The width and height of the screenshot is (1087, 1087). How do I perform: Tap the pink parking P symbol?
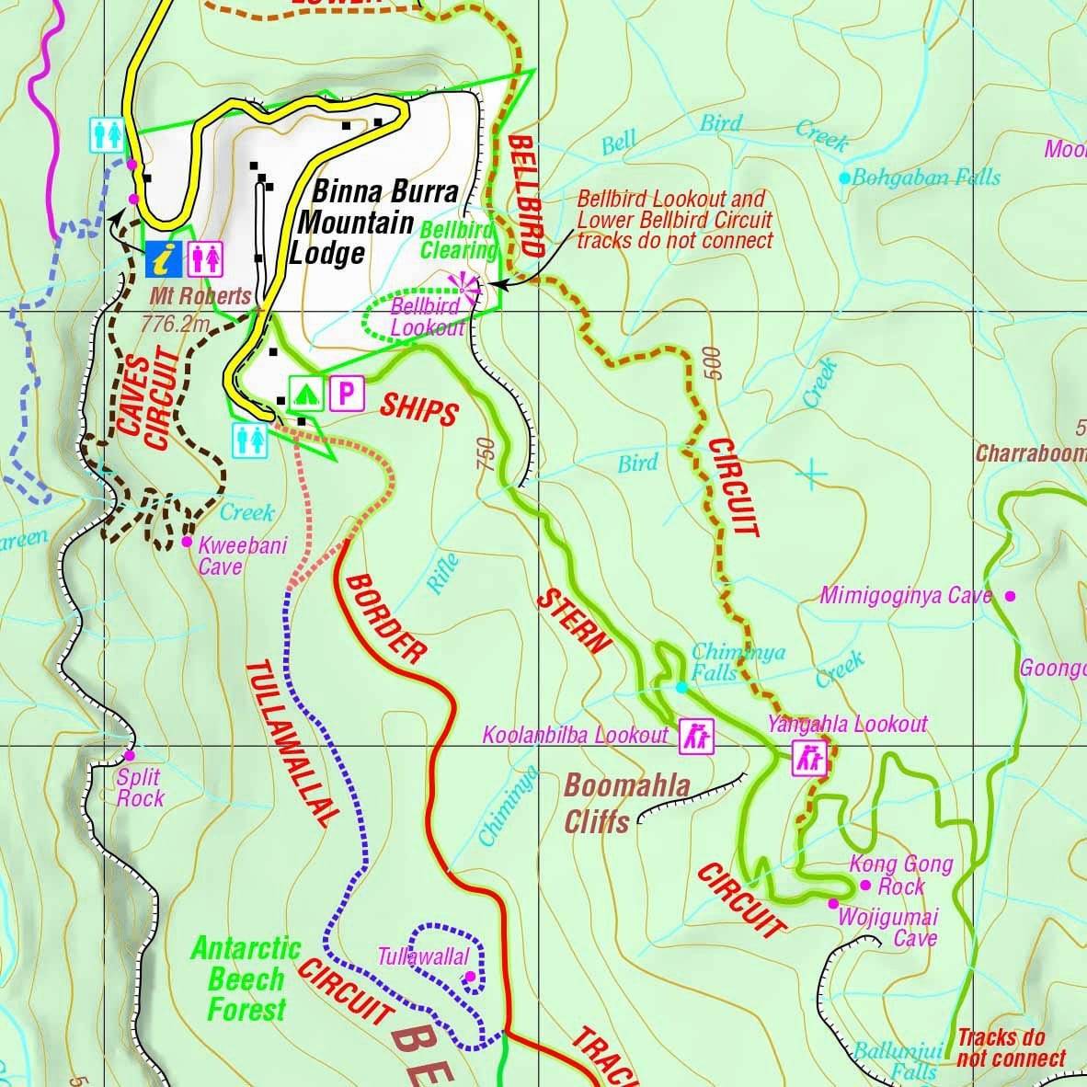pos(346,394)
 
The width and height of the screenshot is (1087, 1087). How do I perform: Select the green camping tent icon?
pos(304,394)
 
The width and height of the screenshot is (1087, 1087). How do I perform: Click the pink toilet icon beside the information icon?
pos(207,259)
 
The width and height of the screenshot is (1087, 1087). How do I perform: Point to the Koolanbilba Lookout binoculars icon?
pos(695,736)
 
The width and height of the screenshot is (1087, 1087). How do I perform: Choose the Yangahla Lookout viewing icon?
pos(810,759)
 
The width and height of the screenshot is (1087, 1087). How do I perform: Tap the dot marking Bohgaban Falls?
pos(844,177)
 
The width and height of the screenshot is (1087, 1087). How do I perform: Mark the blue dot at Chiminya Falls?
pos(681,687)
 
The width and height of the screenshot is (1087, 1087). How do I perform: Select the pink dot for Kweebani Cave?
pos(187,542)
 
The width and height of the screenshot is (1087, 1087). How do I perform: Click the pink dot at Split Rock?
pos(129,756)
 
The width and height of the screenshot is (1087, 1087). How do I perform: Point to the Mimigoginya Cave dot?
pos(1010,596)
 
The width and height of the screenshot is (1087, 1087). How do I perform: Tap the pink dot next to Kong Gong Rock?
pos(864,886)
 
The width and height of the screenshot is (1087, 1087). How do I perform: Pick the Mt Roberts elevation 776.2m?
pos(177,324)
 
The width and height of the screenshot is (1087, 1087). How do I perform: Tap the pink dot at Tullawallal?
pos(470,976)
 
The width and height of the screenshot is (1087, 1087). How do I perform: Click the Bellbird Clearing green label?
pos(457,239)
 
